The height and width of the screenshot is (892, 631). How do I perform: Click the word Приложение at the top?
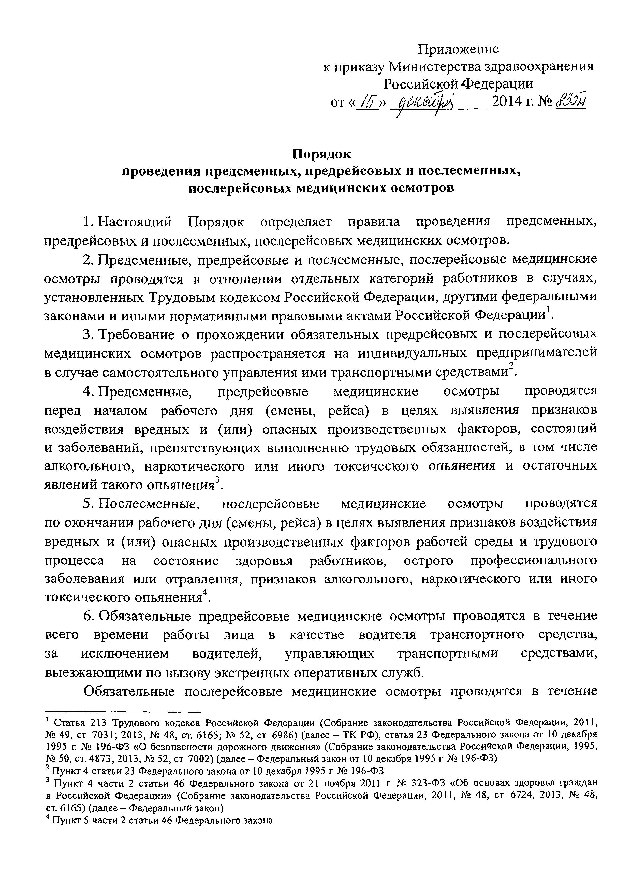point(458,49)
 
